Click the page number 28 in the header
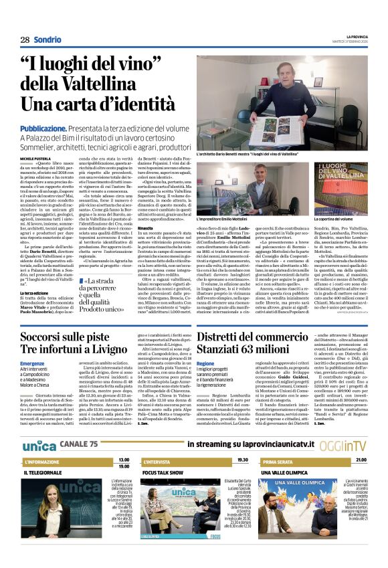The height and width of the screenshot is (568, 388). (25, 39)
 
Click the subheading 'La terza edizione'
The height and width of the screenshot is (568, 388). (33, 293)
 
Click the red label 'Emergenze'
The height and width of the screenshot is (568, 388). (33, 363)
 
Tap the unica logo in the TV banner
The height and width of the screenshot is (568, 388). (39, 445)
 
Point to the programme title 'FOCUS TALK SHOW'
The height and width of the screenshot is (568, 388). (165, 472)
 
